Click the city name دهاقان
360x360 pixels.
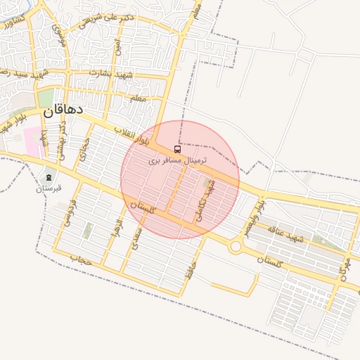pyautogui.click(x=63, y=110)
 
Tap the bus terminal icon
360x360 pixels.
pyautogui.click(x=176, y=149)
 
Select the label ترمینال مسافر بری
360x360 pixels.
pyautogui.click(x=179, y=161)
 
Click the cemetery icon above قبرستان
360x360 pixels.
pyautogui.click(x=49, y=176)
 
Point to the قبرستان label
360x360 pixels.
pyautogui.click(x=49, y=188)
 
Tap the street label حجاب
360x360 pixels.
pyautogui.click(x=81, y=259)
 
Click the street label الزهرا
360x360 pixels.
pyautogui.click(x=118, y=227)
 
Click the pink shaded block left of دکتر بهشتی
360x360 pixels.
pyautogui.click(x=33, y=141)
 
